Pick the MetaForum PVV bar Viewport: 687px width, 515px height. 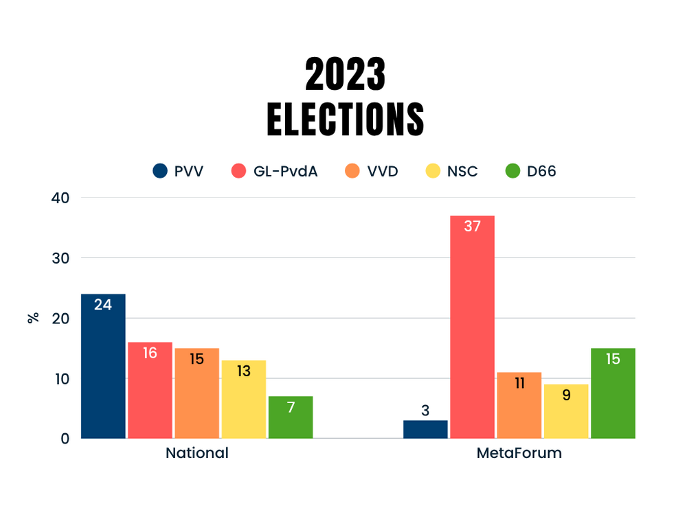coord(425,429)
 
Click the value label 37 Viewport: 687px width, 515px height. coord(472,226)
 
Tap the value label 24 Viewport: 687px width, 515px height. coord(103,304)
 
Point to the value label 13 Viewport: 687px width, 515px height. coord(243,371)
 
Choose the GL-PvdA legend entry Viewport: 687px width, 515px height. coord(273,171)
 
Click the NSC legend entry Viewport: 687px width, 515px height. coord(450,171)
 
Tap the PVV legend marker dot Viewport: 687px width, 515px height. coord(160,171)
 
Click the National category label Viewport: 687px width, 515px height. coord(196,453)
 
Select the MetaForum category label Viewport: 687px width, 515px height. coord(519,453)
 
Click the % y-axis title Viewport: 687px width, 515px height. coord(32,318)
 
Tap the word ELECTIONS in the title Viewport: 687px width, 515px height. coord(345,119)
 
